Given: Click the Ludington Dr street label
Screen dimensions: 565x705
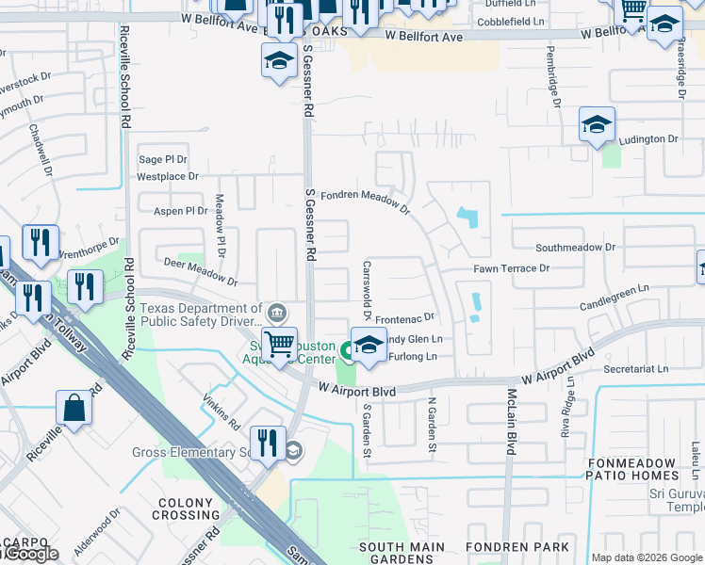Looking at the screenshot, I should coord(647,139).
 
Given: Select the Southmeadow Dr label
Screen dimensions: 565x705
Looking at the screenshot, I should coord(575,247).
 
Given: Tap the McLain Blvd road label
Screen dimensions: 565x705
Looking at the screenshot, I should coord(513,422).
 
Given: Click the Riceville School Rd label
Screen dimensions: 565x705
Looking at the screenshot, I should coord(125,78).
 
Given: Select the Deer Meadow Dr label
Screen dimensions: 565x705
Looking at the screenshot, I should coord(200,271).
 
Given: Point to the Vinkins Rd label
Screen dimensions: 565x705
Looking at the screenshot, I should coord(222,413).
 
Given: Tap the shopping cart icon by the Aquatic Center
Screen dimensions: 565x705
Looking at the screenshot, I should coord(280,345).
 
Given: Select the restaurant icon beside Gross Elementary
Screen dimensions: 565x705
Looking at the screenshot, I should coord(268,443).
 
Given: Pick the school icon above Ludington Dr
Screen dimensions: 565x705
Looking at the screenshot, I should coord(597,124).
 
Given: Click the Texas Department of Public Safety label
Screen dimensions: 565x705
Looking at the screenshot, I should coord(201,315).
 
